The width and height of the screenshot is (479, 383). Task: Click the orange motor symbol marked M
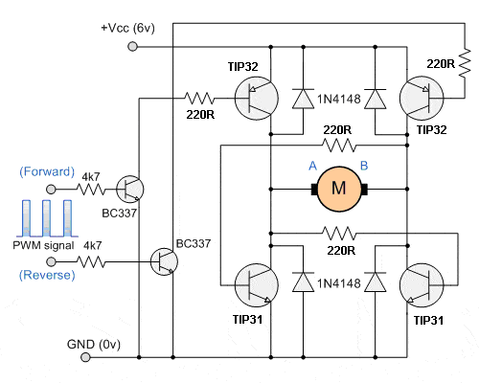point(338,188)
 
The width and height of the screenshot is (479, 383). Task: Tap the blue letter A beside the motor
point(312,166)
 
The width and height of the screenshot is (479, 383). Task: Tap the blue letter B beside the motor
point(364,166)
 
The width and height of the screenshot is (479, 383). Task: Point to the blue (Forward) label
point(46,172)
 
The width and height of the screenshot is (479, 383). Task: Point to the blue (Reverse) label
point(46,276)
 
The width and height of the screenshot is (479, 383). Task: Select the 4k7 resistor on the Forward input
point(93,189)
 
